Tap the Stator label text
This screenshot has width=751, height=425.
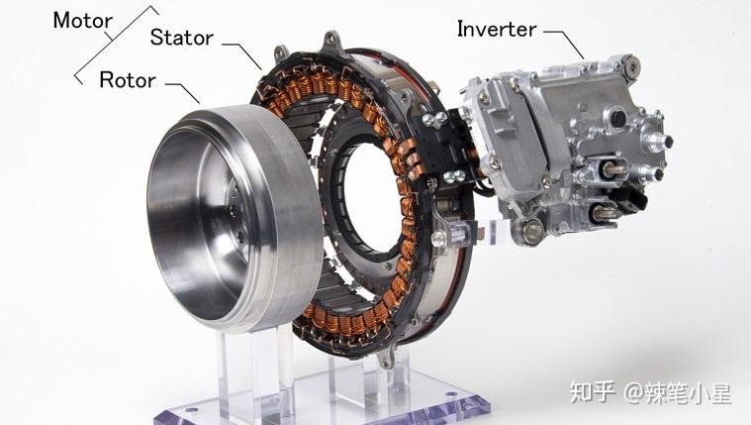pos(181,38)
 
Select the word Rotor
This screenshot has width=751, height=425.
pos(128,79)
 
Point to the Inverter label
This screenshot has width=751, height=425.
pos(496,30)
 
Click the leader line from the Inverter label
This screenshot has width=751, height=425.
pos(565,44)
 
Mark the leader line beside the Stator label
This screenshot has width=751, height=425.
pos(242,55)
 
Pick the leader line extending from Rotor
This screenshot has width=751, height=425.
pos(183,92)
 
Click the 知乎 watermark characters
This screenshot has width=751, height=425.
pos(592,392)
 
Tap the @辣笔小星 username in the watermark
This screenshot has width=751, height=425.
pos(677,393)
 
